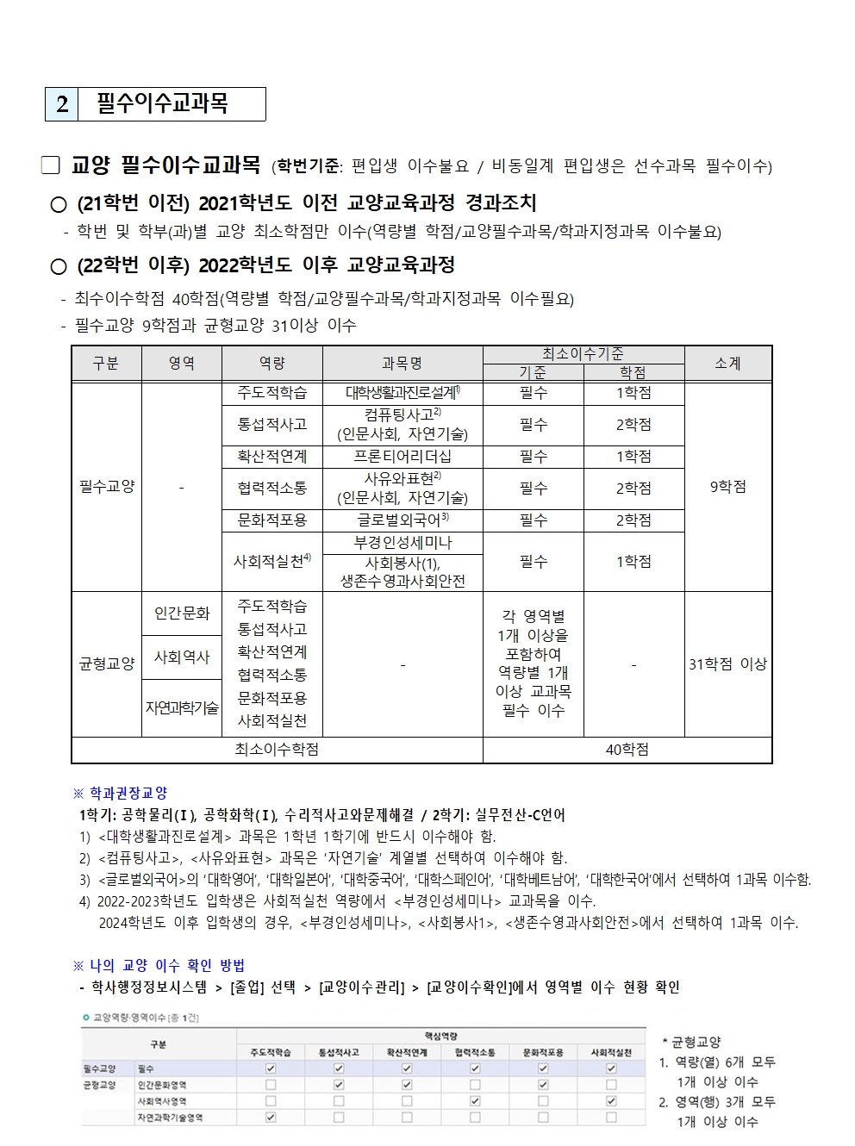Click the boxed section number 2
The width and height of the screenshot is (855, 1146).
click(x=62, y=104)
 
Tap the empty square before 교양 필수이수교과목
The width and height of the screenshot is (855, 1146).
click(x=51, y=165)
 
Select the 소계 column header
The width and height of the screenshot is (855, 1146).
click(x=727, y=364)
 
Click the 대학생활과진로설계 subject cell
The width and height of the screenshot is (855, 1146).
click(x=403, y=393)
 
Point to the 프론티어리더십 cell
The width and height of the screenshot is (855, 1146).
click(x=403, y=457)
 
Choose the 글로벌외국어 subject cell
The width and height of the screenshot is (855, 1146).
click(x=403, y=520)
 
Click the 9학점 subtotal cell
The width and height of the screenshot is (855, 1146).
click(x=727, y=487)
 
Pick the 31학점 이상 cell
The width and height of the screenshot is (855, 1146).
click(x=727, y=664)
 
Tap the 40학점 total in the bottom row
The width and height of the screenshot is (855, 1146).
click(x=627, y=751)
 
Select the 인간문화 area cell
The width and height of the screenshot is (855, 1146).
click(x=182, y=613)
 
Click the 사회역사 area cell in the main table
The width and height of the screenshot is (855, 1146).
click(x=182, y=657)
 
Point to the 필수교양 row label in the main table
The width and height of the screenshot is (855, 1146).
click(x=107, y=487)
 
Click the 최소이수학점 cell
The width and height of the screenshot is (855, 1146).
click(x=277, y=751)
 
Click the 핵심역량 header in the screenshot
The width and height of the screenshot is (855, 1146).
click(x=440, y=1036)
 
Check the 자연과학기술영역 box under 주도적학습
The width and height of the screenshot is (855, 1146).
click(x=271, y=1118)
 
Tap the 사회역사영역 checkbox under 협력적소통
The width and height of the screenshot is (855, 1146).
click(x=475, y=1101)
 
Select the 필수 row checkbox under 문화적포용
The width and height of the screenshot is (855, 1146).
click(x=543, y=1068)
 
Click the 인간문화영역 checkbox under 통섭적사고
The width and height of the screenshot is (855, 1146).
click(x=339, y=1085)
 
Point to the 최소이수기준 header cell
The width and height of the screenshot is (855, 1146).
click(x=583, y=354)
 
